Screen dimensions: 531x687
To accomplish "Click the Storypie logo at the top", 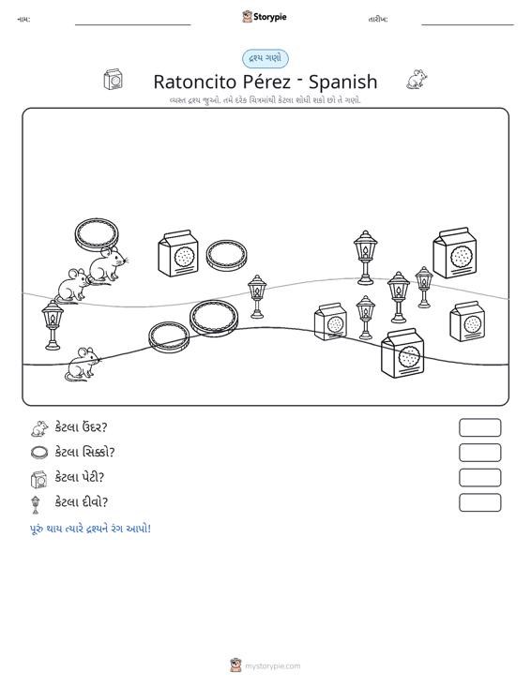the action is (265, 17).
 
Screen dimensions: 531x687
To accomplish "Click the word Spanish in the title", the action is (342, 82).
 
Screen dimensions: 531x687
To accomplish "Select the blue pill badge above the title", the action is (265, 59).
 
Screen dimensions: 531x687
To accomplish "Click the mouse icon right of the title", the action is (417, 80).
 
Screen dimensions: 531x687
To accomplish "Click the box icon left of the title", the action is (114, 80).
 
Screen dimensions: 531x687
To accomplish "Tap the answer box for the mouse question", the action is (479, 427).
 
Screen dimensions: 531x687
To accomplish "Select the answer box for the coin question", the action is (479, 453).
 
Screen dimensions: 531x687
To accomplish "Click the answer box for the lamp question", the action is (479, 502).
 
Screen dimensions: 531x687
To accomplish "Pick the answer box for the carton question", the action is (479, 478).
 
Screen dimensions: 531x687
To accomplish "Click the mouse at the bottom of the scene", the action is (83, 364).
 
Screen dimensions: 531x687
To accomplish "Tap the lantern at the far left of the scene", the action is (53, 325).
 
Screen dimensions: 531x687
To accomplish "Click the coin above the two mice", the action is (97, 234).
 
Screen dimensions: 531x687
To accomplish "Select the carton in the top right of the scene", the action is (455, 253).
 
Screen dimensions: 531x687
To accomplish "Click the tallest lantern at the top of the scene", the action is (365, 257).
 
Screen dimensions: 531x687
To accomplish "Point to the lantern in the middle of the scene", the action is (257, 296).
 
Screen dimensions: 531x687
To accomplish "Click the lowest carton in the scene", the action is (402, 352).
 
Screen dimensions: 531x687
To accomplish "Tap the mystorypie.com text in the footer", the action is (272, 666).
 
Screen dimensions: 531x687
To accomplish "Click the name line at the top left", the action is (133, 24).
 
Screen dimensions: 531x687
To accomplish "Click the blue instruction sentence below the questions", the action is (90, 529).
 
